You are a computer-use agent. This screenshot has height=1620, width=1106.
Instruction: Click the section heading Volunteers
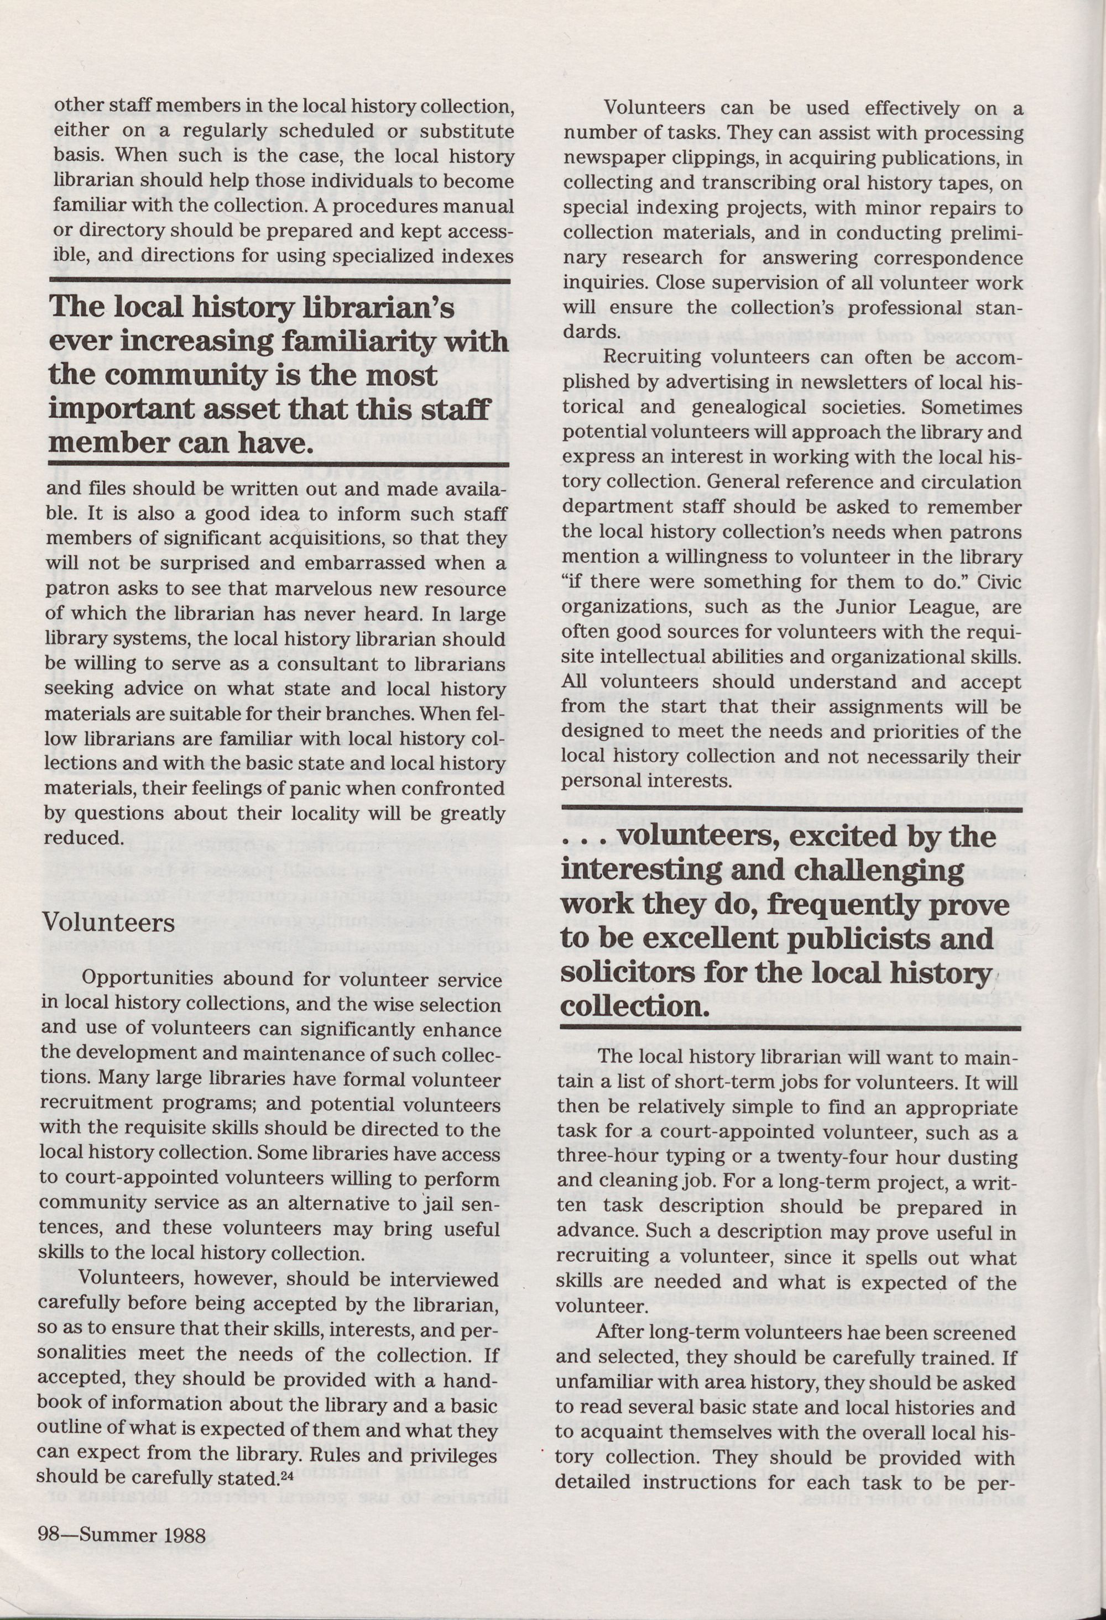pyautogui.click(x=108, y=922)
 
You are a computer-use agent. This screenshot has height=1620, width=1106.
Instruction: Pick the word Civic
pyautogui.click(x=999, y=581)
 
